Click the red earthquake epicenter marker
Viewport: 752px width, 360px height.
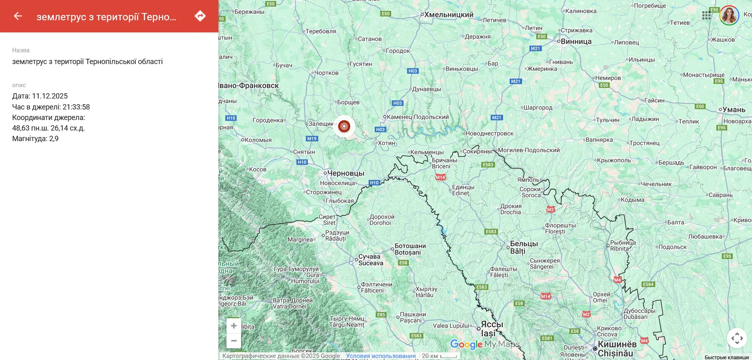click(x=344, y=126)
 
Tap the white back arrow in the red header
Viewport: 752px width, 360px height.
click(x=18, y=16)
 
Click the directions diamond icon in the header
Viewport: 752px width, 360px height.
click(x=200, y=16)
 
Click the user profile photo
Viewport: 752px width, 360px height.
click(x=729, y=15)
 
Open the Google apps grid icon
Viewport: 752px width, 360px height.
click(x=706, y=15)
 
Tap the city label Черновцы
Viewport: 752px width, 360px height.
click(x=346, y=173)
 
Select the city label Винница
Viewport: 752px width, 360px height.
click(x=576, y=41)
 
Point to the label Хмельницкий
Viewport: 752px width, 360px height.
click(x=449, y=15)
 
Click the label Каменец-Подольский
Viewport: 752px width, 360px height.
click(x=418, y=117)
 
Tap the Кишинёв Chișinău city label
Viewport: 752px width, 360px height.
click(x=617, y=349)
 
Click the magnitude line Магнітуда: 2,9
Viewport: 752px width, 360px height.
click(x=35, y=139)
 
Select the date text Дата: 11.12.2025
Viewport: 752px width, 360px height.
click(x=40, y=96)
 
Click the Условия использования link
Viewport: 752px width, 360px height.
click(x=381, y=356)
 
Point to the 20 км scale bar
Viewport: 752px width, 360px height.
click(x=440, y=356)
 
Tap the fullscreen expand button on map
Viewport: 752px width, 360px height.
click(x=737, y=338)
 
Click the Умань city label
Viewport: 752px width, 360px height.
click(x=734, y=109)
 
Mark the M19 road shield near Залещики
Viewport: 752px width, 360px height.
click(x=312, y=139)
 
